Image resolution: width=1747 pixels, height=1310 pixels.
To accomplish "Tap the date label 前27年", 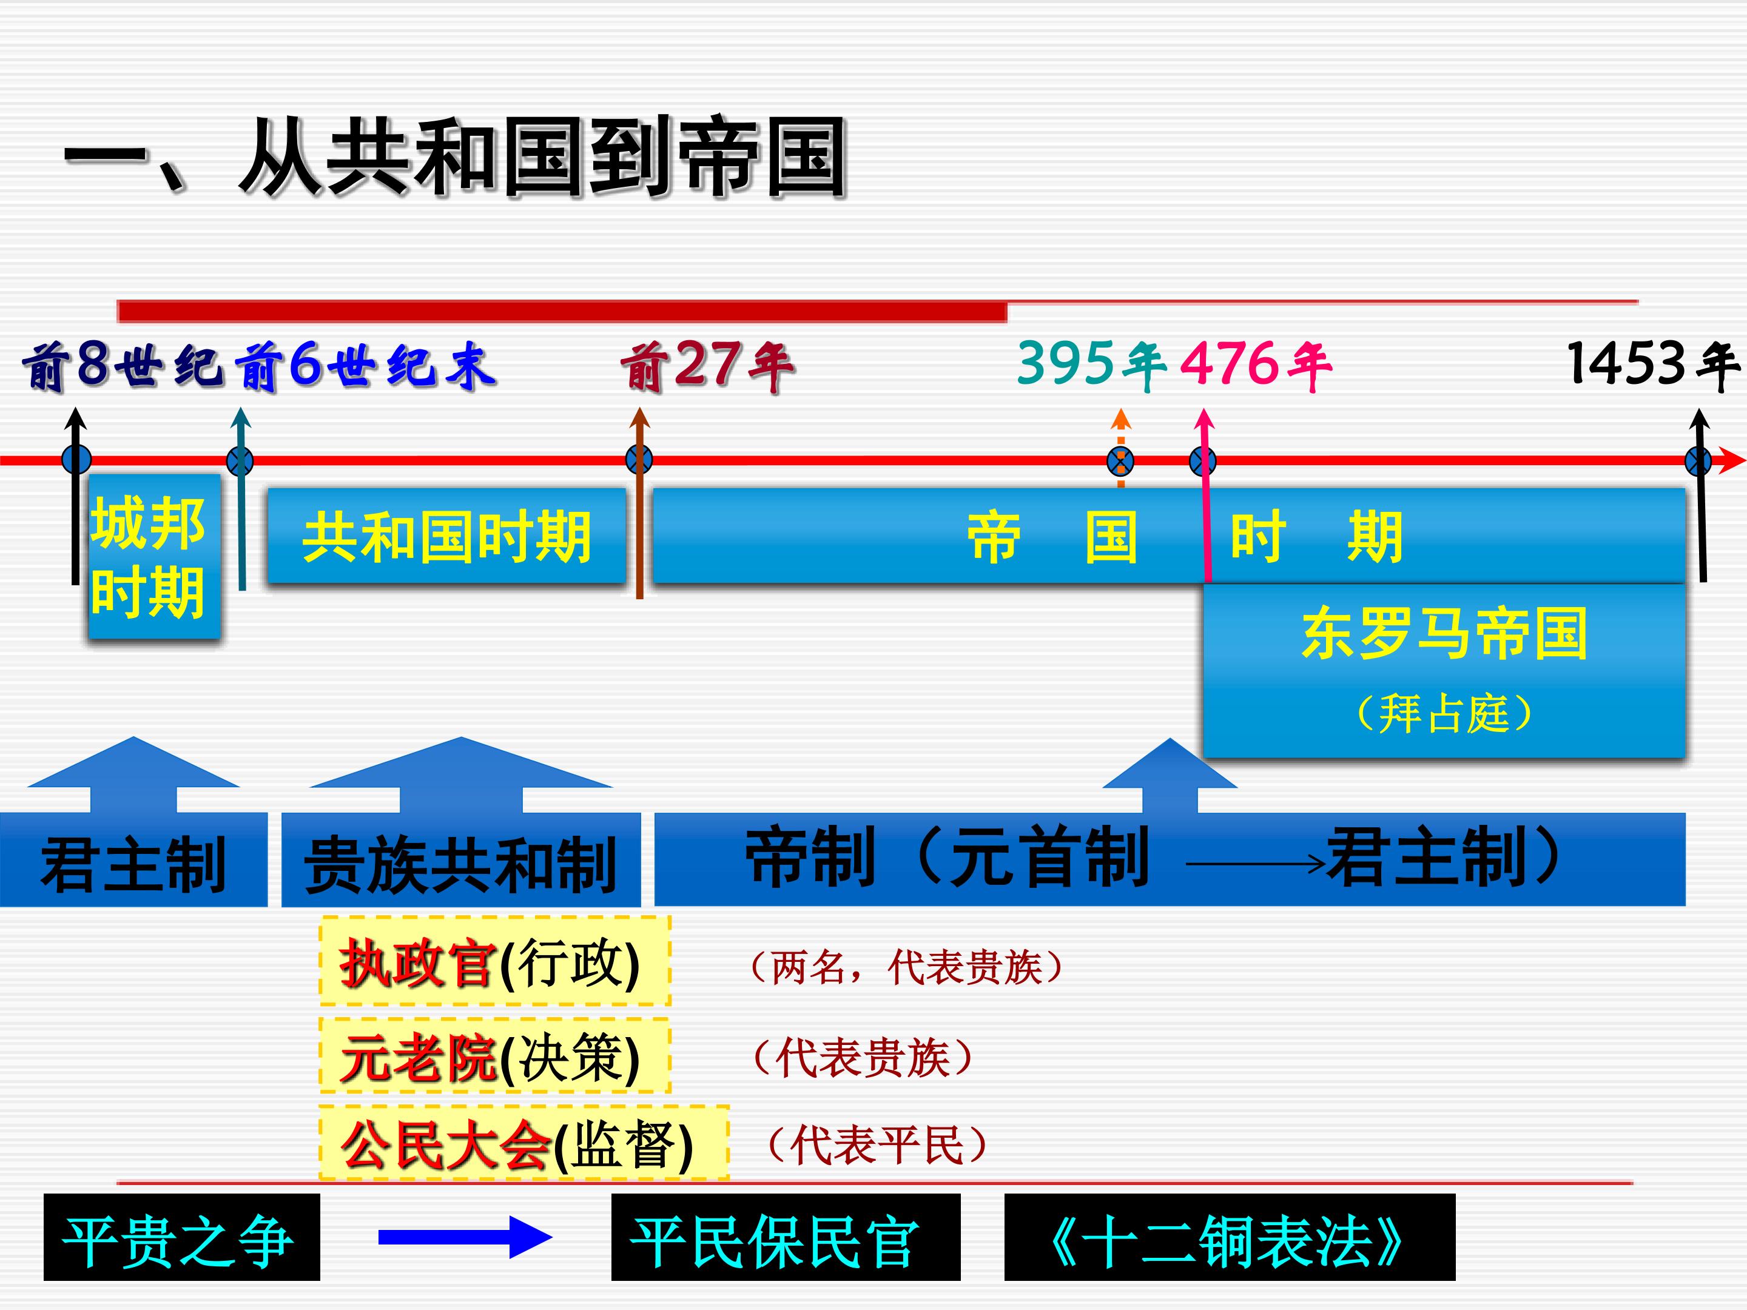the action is click(x=707, y=366).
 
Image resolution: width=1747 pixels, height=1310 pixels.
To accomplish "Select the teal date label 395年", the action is click(x=1091, y=364).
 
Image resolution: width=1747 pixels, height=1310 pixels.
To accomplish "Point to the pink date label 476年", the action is click(x=1256, y=365).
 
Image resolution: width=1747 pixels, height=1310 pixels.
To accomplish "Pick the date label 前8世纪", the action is click(x=123, y=366).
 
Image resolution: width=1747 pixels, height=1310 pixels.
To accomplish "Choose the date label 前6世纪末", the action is click(x=365, y=366).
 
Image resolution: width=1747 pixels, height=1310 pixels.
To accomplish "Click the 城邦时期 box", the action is click(x=153, y=557).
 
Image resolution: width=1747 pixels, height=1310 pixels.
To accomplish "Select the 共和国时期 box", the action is click(x=447, y=536).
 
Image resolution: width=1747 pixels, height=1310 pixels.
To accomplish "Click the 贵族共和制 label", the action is click(x=461, y=865).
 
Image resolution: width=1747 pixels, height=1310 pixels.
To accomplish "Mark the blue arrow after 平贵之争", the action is click(x=465, y=1237).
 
